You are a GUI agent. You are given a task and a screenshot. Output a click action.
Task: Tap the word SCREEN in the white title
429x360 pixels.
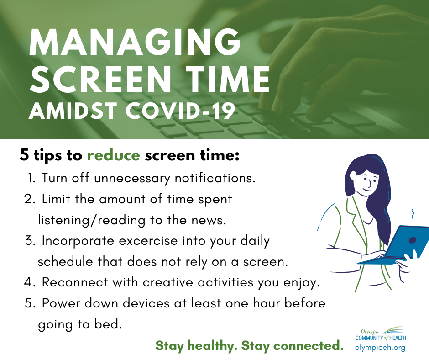click(x=100, y=79)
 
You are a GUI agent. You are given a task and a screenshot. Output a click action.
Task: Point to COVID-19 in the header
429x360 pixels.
click(x=180, y=111)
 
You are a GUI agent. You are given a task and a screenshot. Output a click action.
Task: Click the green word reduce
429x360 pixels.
click(x=114, y=155)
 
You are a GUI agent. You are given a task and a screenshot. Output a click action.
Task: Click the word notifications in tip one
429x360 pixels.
click(x=215, y=178)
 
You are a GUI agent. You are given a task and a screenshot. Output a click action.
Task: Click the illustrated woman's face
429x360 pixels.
click(x=365, y=182)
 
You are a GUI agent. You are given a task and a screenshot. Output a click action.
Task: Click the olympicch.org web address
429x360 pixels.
click(x=380, y=348)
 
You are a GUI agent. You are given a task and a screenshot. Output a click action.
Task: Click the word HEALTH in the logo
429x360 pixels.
click(x=398, y=338)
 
